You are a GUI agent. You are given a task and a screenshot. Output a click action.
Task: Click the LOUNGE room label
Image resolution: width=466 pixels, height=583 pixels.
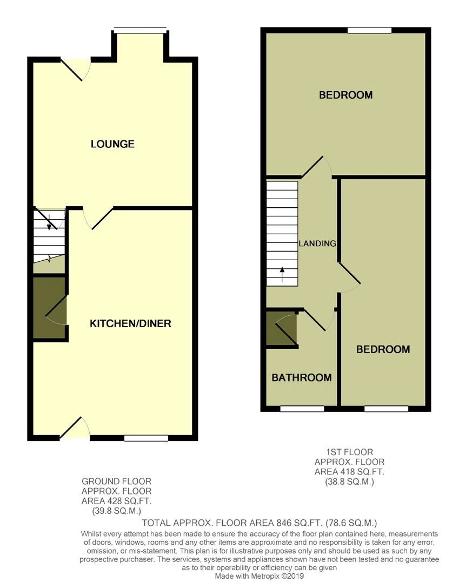pos(112,144)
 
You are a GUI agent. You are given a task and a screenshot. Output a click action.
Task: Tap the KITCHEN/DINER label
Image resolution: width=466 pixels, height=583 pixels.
pos(130,323)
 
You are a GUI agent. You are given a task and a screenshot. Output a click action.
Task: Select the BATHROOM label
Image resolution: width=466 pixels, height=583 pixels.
pos(301,377)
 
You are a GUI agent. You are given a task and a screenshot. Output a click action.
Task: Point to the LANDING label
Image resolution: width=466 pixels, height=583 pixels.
pos(318,243)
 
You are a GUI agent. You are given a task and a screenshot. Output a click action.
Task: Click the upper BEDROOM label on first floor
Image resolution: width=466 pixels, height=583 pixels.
pos(345,95)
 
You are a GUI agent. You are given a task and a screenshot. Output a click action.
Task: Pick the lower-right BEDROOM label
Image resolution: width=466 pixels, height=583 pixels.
pos(383,349)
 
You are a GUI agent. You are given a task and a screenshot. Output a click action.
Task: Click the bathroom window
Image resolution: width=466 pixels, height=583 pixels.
pos(302,409)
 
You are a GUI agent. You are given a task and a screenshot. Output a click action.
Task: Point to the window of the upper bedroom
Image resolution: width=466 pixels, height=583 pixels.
pos(370,30)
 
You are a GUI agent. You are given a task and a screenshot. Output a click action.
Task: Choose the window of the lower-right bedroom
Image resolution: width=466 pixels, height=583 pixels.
pos(386,409)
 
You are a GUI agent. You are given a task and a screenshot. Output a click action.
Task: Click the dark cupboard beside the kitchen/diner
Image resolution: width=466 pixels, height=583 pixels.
pos(49,308)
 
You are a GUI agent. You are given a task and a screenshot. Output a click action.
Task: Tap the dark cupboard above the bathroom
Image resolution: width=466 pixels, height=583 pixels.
pos(282,328)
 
